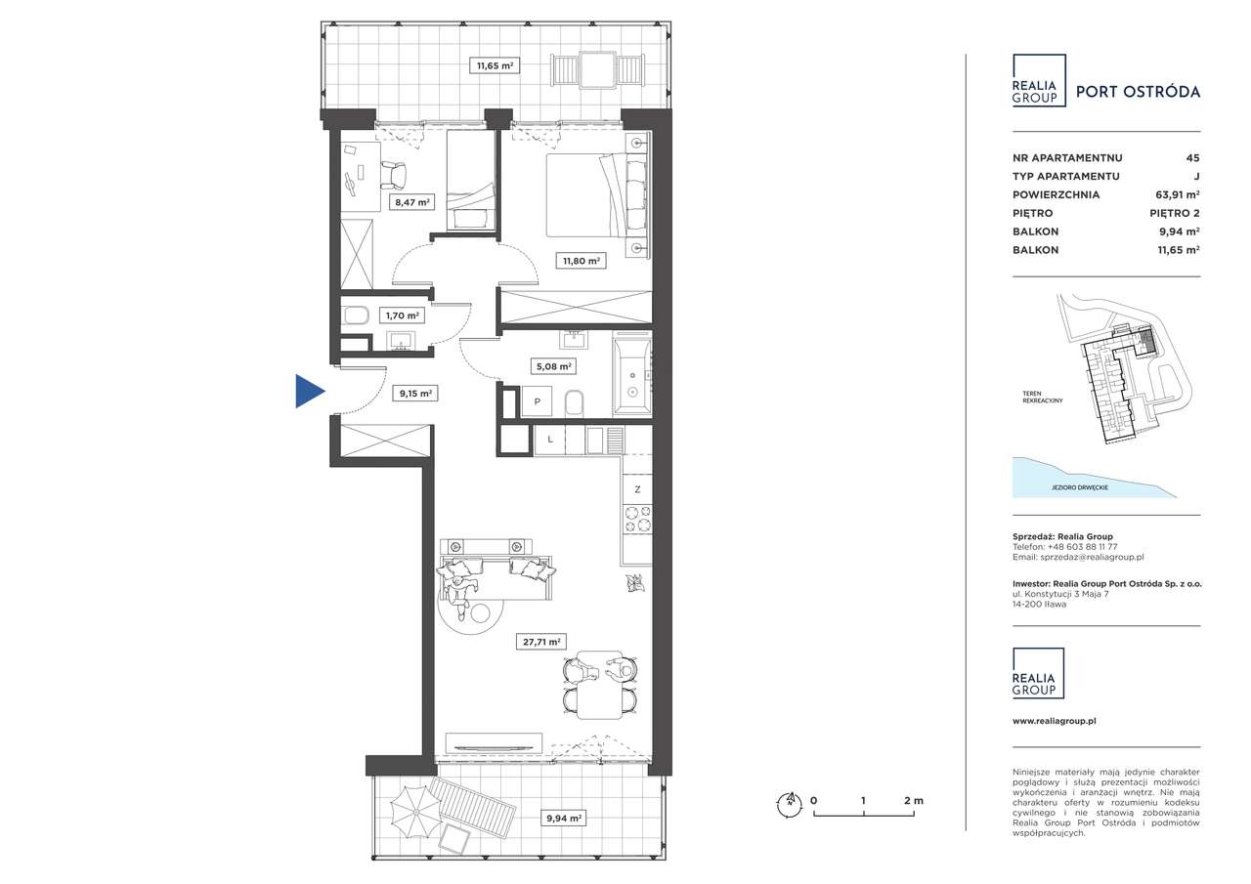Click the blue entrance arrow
[309, 391]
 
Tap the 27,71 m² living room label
[541, 642]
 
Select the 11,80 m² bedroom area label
[582, 261]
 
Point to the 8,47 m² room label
[412, 202]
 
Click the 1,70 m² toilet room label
[402, 316]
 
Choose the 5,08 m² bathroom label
[553, 366]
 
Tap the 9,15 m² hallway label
[415, 394]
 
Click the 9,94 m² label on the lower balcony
[564, 819]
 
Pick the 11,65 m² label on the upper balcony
[495, 65]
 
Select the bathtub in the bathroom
[632, 374]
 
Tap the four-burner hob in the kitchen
[637, 519]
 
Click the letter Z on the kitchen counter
[637, 489]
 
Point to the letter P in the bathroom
[538, 401]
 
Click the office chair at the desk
[395, 175]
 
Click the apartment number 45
[1193, 158]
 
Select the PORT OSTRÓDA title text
[1139, 92]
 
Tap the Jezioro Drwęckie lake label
[1080, 487]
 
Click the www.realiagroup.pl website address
[1055, 721]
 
